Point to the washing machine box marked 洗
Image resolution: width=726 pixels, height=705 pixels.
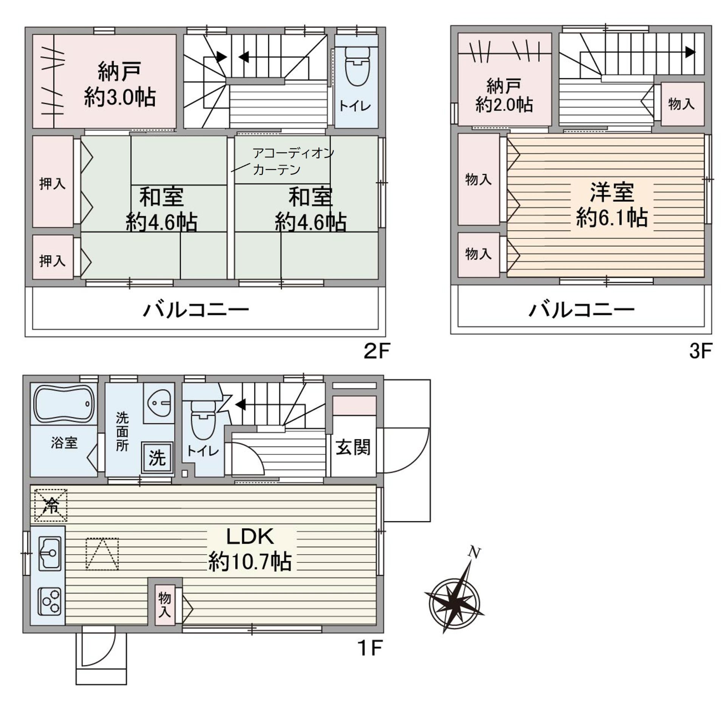tap(157, 458)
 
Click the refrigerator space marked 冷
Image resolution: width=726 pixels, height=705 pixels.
tap(51, 505)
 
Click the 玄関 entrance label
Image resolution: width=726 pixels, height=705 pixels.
tap(353, 448)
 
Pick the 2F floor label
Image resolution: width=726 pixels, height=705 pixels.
tap(376, 352)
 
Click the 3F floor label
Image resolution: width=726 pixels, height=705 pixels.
tap(701, 351)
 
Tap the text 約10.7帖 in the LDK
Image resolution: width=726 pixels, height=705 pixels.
tap(250, 562)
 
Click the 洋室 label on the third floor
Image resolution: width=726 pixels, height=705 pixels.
tap(612, 192)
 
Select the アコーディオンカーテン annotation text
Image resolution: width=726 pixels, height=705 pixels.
tap(293, 161)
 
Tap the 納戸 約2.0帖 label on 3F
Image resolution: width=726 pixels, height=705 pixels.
tap(504, 94)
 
